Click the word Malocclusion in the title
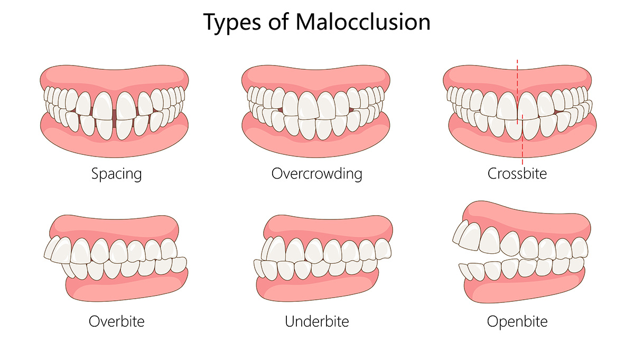pyautogui.click(x=363, y=22)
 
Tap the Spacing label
pyautogui.click(x=116, y=173)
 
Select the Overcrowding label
pyautogui.click(x=317, y=173)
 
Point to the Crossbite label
pyautogui.click(x=517, y=173)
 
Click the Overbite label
pyautogui.click(x=116, y=321)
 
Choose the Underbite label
pyautogui.click(x=317, y=321)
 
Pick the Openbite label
pyautogui.click(x=517, y=321)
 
